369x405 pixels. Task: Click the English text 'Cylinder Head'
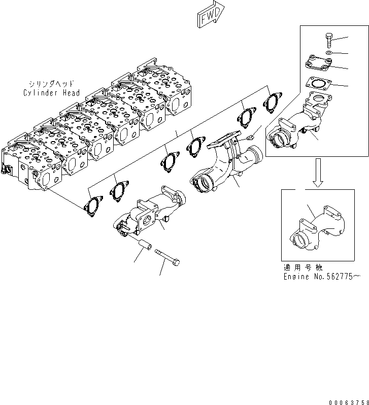(x=51, y=93)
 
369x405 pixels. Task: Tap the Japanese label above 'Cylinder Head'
(x=51, y=84)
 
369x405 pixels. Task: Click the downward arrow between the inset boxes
(x=318, y=173)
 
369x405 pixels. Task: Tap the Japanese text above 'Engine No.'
(x=304, y=268)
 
